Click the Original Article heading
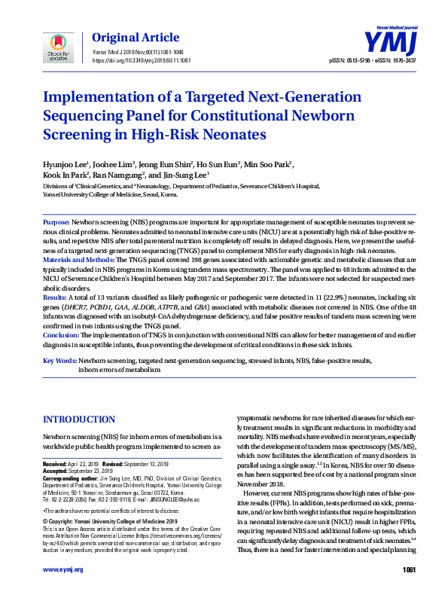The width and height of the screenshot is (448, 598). point(136,37)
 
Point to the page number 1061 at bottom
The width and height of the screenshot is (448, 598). point(410,569)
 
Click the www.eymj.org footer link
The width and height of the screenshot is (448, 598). point(63,569)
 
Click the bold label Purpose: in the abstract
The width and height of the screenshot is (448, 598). point(56,224)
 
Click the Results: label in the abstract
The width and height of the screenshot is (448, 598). point(56,298)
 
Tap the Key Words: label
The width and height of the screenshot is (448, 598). point(59,361)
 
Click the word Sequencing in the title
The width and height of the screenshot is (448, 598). point(91,115)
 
